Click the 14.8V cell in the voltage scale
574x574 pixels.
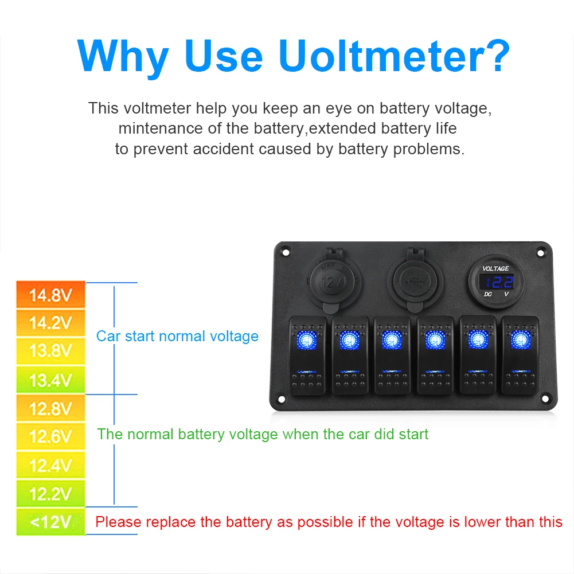tap(50, 295)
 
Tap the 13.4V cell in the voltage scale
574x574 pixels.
tap(50, 380)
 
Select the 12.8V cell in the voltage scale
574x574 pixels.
tap(50, 408)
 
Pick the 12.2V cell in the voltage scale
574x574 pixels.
tap(50, 494)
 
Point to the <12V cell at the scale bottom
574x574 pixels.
tap(50, 522)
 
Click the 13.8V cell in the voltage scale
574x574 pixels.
tap(50, 351)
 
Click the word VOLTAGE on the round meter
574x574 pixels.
tap(495, 268)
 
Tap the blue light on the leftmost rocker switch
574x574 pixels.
tap(307, 339)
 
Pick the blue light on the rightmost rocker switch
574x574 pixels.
tap(520, 339)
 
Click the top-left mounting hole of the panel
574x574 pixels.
tap(286, 252)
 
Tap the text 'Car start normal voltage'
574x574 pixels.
tap(177, 336)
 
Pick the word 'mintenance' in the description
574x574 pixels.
tap(161, 128)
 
